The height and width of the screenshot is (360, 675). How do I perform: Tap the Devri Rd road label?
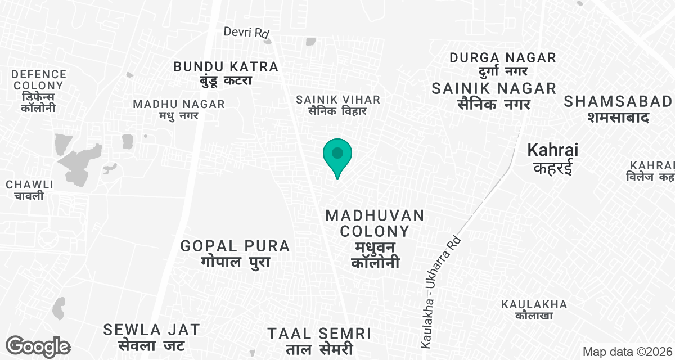[x=246, y=32]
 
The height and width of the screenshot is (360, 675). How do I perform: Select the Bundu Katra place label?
[x=226, y=73]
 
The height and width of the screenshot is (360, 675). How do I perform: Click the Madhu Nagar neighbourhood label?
[x=179, y=109]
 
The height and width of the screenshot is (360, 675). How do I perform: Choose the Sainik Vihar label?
[x=338, y=105]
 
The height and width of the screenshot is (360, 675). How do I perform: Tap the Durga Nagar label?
[x=503, y=64]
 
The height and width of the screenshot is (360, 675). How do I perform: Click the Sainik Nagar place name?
[x=494, y=96]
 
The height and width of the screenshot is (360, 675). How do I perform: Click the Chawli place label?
[x=29, y=190]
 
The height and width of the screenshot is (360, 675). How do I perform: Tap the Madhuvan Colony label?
[x=375, y=238]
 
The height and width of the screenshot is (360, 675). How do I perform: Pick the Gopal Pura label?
[x=235, y=253]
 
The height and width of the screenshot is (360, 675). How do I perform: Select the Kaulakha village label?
[x=534, y=309]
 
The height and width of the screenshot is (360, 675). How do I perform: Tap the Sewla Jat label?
[x=151, y=336]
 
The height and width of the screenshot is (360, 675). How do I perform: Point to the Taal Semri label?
[x=319, y=340]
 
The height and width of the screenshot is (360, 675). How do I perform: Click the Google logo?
[x=38, y=346]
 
